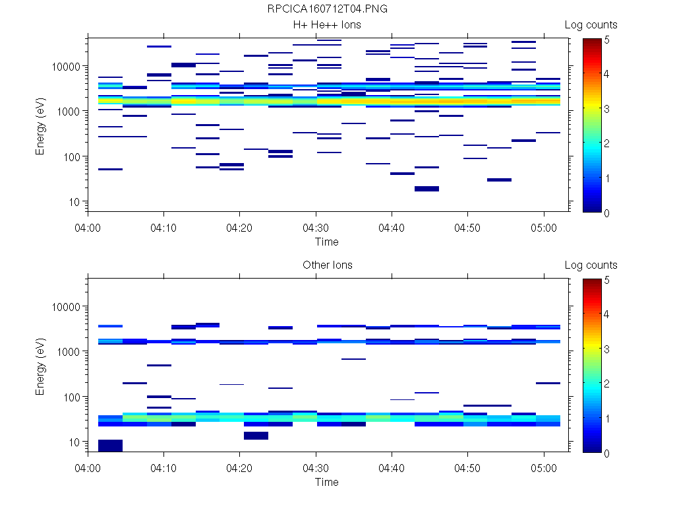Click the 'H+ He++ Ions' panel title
coord(327,25)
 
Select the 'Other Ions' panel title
coord(327,265)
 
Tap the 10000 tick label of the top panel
coord(66,67)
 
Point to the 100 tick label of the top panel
coord(71,157)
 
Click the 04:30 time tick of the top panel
coord(316,227)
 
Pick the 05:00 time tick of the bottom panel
coord(544,467)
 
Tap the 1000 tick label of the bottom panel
coord(69,352)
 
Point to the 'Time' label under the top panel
coord(327,242)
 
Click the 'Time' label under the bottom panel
coord(327,482)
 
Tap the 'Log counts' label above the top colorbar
coord(591,25)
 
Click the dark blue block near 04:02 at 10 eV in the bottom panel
coord(110,446)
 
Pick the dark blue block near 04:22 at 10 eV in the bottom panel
coord(256,436)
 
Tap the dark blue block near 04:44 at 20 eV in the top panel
coord(426,189)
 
